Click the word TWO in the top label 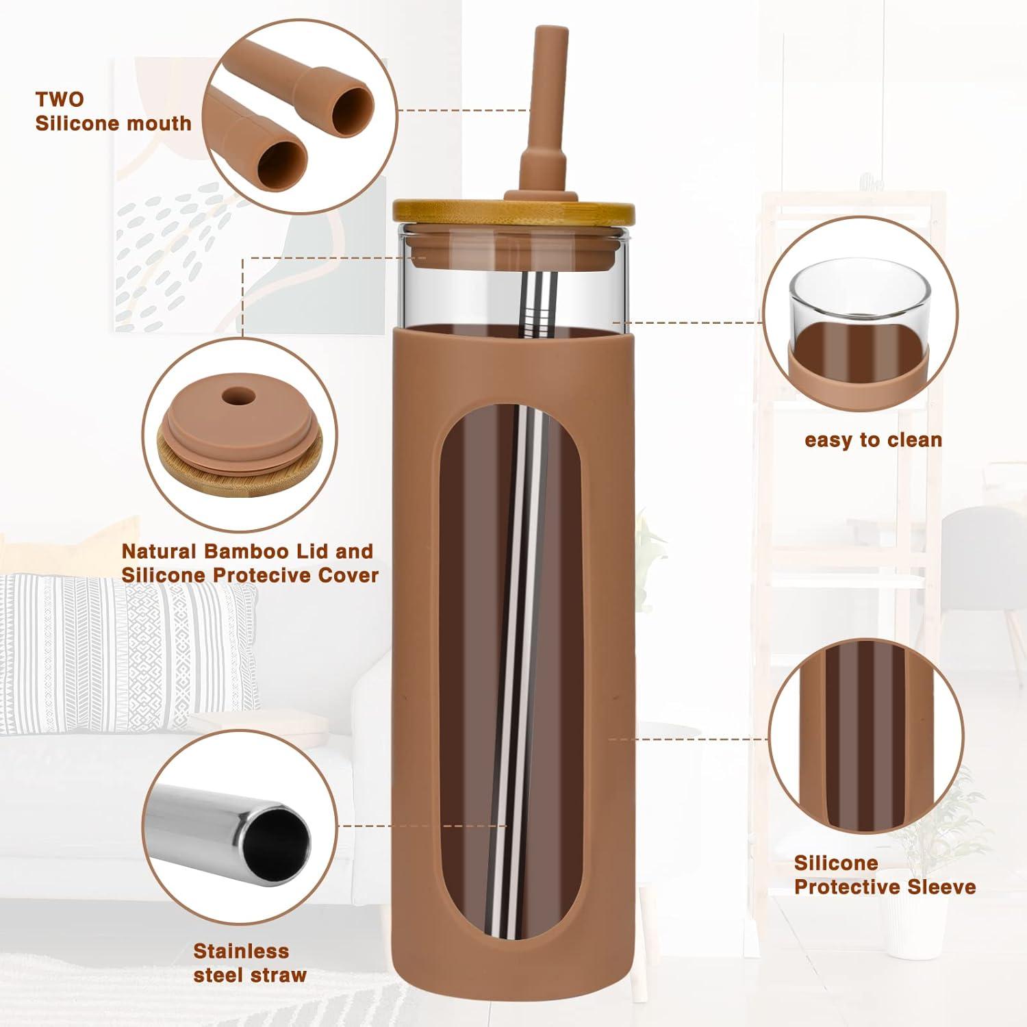[60, 99]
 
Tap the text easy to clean [874, 440]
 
